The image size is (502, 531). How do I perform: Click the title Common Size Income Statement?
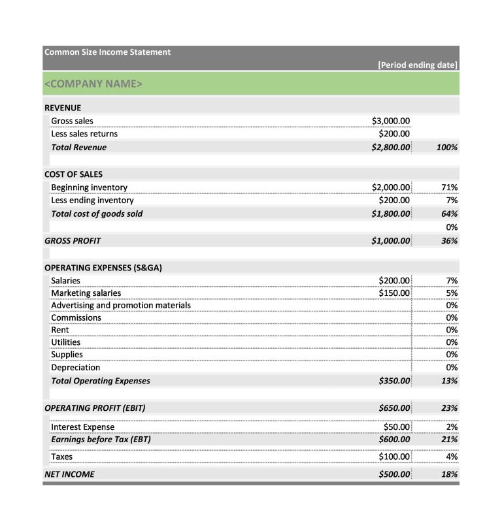click(x=107, y=52)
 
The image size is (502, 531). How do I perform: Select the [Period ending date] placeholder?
click(x=418, y=65)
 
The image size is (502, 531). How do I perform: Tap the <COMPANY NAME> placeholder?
click(x=93, y=84)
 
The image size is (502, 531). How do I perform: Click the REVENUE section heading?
click(x=63, y=108)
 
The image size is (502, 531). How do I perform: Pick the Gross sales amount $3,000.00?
click(x=390, y=121)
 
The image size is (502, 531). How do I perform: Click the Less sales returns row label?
click(x=84, y=134)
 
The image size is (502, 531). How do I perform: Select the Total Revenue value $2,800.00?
click(x=390, y=148)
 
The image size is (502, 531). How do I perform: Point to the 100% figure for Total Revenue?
click(x=446, y=148)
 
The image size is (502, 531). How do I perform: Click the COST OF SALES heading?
click(x=73, y=174)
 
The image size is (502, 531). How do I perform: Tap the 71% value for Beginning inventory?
click(x=450, y=187)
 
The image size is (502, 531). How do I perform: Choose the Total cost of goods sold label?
click(x=97, y=214)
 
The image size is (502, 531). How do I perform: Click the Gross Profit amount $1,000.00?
click(x=390, y=241)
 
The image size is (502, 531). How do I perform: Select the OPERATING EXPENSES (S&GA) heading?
click(x=103, y=267)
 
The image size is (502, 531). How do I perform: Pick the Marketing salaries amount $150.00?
click(x=394, y=293)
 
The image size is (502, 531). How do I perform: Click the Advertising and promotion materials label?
click(x=121, y=305)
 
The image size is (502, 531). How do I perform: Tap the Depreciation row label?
click(x=75, y=367)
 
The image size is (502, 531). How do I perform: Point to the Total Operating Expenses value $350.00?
click(x=394, y=381)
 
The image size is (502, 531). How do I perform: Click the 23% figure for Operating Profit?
click(x=449, y=408)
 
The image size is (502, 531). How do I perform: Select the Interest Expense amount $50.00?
click(x=397, y=427)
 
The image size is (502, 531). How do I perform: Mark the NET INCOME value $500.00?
click(x=394, y=474)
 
